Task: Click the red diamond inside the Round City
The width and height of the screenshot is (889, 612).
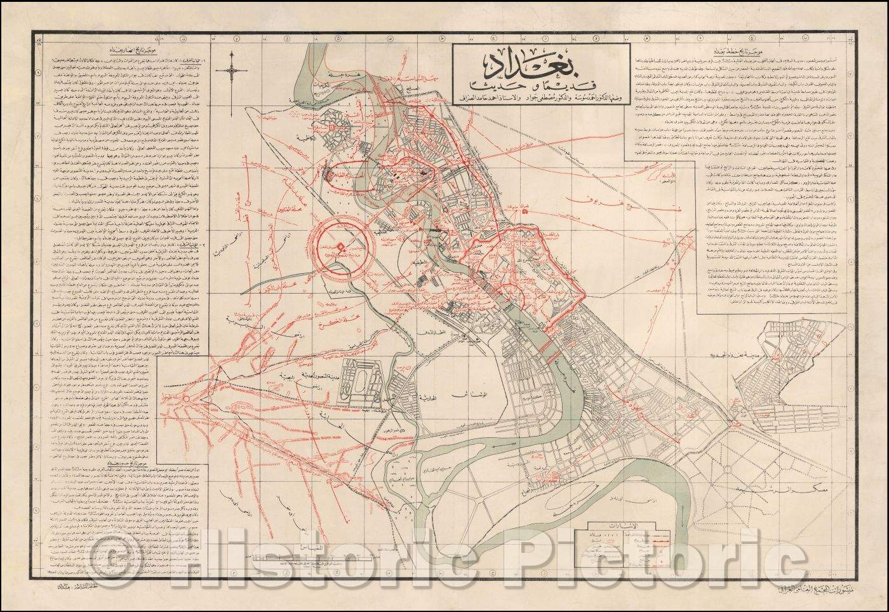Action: pos(341,247)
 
